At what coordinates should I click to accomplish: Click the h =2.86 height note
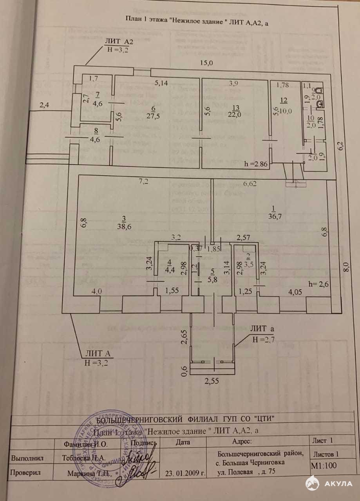(256, 164)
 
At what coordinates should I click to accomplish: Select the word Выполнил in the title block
(27, 458)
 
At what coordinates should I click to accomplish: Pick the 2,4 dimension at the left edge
(44, 105)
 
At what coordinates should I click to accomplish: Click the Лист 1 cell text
(323, 440)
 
